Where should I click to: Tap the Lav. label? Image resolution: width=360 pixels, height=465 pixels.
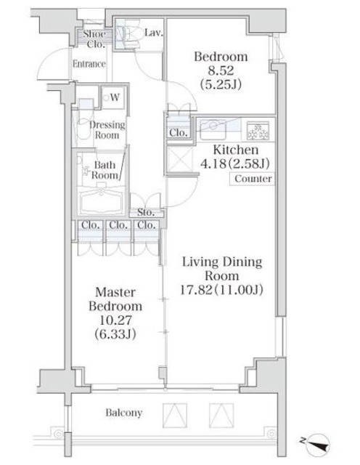click(x=153, y=33)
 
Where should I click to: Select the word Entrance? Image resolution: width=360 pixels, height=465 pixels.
click(x=89, y=64)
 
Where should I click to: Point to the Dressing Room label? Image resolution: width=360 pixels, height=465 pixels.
click(x=107, y=129)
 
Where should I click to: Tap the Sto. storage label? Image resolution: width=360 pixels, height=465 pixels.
click(x=146, y=213)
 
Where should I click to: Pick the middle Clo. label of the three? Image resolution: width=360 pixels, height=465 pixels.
click(x=118, y=225)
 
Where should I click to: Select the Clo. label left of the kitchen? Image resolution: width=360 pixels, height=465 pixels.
click(x=179, y=133)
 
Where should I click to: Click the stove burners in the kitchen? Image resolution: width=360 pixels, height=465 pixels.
click(x=257, y=131)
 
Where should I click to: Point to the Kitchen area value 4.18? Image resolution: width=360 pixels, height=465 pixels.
click(x=210, y=163)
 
